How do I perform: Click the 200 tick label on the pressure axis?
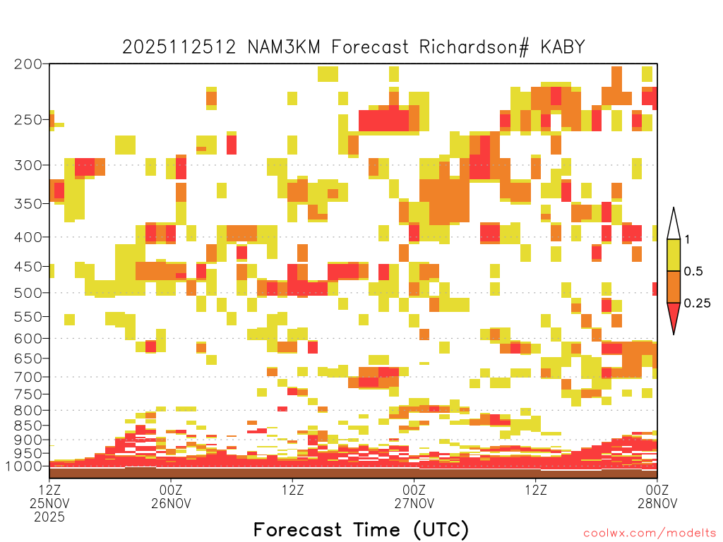click(28, 64)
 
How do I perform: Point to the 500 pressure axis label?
click(28, 293)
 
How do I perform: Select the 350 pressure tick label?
click(28, 204)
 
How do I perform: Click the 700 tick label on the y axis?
click(28, 377)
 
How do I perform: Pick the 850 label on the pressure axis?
click(28, 426)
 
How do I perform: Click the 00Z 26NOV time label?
click(171, 496)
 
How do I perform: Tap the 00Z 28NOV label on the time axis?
click(657, 496)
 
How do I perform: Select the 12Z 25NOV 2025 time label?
click(49, 502)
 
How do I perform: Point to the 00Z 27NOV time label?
click(414, 496)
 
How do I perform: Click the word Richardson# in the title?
click(474, 47)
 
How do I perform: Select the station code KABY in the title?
click(563, 47)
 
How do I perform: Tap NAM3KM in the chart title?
click(284, 47)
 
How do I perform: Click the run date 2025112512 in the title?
click(179, 47)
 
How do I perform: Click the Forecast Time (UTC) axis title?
click(361, 529)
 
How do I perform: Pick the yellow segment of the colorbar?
click(674, 255)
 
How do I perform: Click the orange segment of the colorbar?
click(674, 287)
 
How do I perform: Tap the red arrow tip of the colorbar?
click(674, 334)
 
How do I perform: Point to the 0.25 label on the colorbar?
click(697, 303)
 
